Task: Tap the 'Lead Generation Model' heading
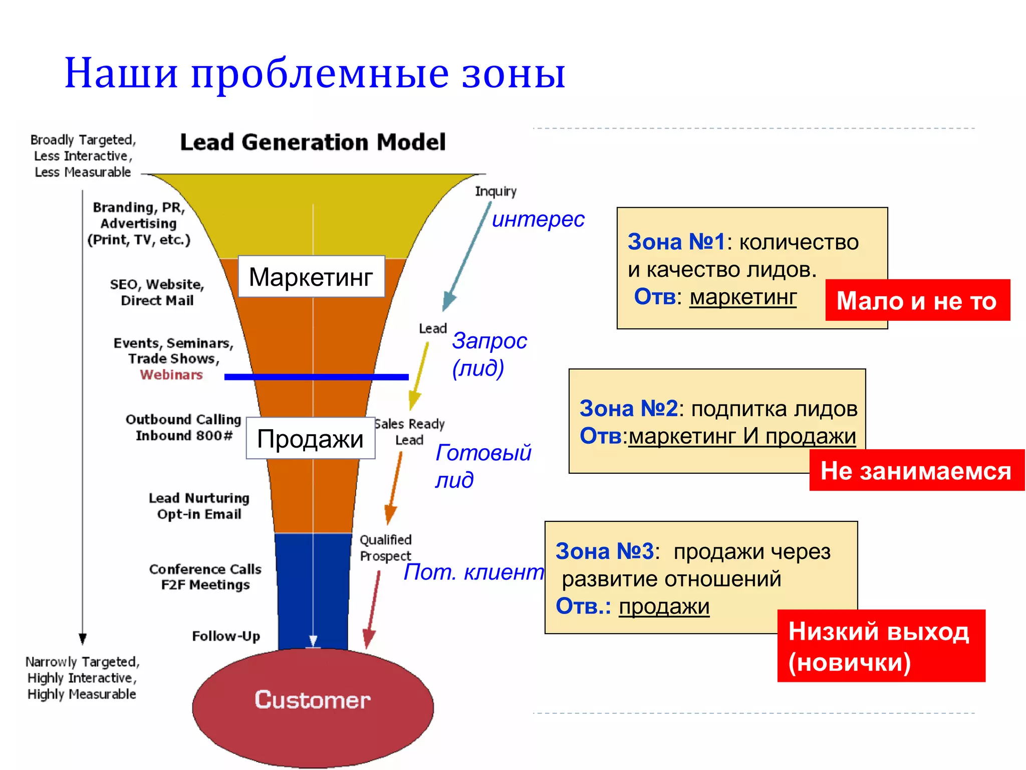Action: pos(313,142)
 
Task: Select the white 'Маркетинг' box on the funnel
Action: pos(311,277)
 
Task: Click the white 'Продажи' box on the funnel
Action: pos(311,439)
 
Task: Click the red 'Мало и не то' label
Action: pos(917,301)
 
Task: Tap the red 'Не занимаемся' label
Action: pos(916,471)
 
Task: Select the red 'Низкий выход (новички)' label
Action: pos(881,646)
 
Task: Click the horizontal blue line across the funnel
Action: pos(317,377)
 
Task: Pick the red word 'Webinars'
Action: pos(171,375)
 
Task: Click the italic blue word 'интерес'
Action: pos(538,220)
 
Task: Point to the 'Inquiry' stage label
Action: pos(495,191)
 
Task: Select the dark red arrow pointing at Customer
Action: pos(373,609)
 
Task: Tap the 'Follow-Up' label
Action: pos(226,636)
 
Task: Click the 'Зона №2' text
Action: pos(628,409)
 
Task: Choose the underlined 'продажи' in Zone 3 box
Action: pos(664,607)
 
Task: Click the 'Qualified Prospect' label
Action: pos(385,548)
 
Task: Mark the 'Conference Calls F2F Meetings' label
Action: pos(205,577)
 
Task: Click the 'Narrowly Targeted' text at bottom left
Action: pos(82,662)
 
